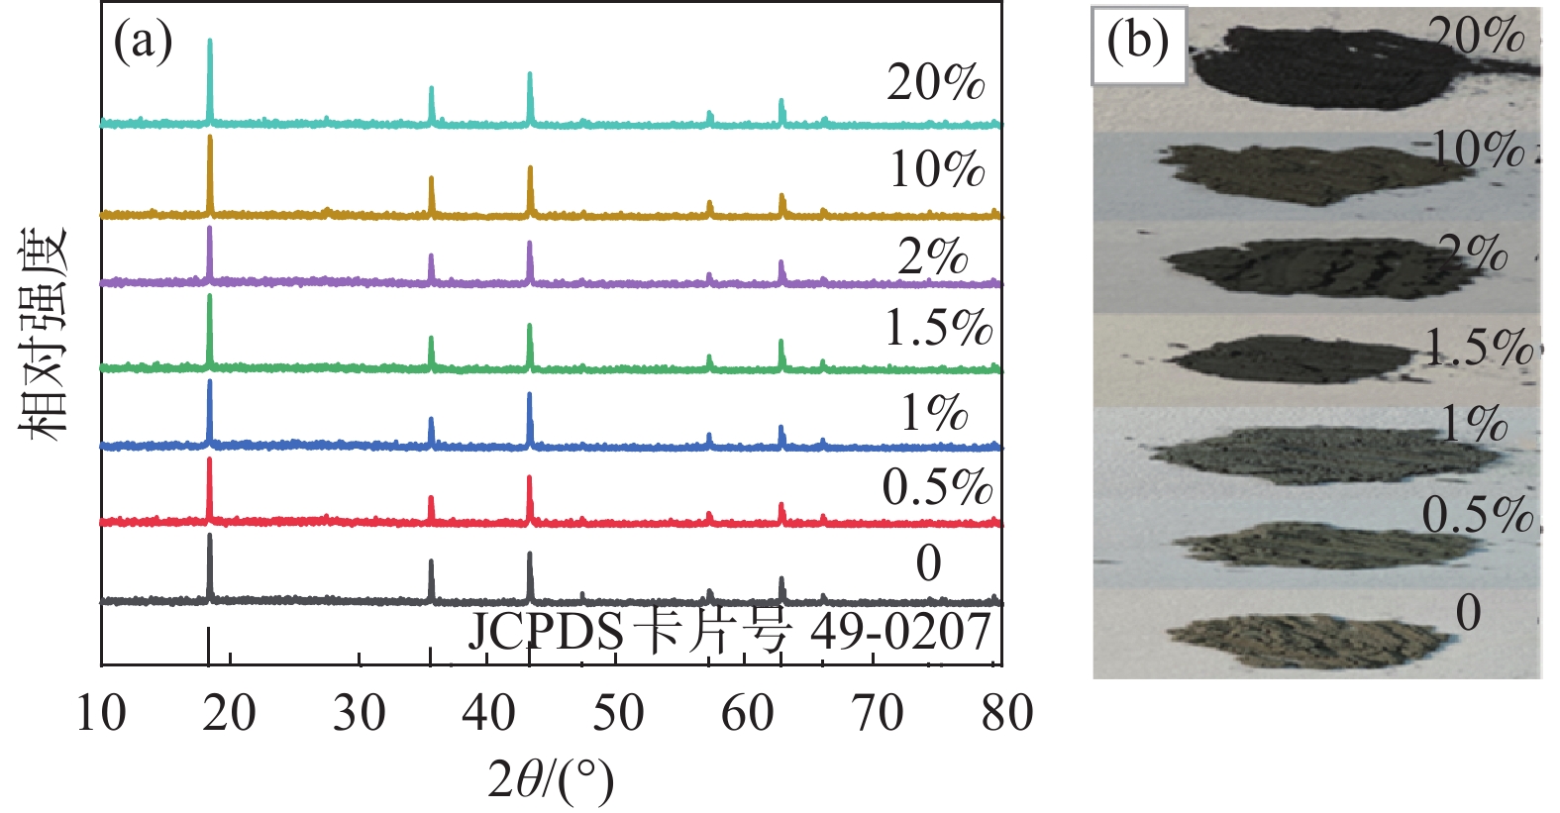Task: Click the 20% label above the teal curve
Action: click(935, 82)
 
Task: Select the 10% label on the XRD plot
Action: click(936, 169)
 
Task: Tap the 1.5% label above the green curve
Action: click(938, 328)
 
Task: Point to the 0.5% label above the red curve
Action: click(937, 486)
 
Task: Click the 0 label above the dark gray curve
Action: click(928, 563)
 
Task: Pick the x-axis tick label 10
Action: click(101, 713)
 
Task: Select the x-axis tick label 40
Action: click(488, 713)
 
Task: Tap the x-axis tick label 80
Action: click(1007, 713)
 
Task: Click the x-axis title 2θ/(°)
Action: click(551, 781)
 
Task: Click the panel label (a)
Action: click(144, 43)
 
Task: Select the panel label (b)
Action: click(1138, 43)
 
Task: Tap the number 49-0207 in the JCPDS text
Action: click(900, 632)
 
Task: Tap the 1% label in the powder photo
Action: click(1474, 424)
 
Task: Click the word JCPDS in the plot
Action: click(546, 632)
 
